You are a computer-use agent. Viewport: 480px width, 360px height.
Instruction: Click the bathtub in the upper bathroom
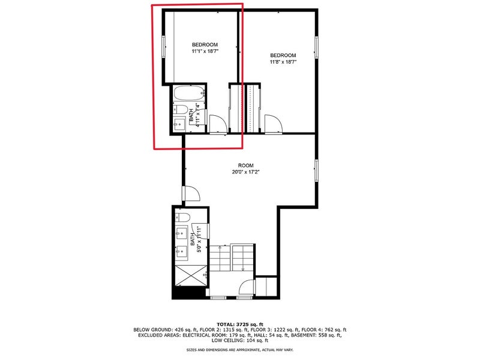pos(189,94)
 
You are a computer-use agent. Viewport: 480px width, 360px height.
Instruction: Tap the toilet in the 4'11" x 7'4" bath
pos(181,109)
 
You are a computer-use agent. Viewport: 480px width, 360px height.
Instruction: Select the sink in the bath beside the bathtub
pos(179,124)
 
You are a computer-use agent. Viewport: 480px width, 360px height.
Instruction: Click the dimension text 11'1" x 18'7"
pos(205,52)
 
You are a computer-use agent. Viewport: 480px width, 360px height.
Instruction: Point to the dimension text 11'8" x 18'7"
pos(283,62)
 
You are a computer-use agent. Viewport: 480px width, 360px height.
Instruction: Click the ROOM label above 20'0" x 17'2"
pos(246,166)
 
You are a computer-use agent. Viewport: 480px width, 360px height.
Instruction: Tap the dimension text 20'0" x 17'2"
pos(246,172)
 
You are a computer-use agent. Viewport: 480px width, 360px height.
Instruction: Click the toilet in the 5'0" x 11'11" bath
pos(183,218)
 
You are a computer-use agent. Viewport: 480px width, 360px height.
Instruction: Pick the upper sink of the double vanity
pos(182,233)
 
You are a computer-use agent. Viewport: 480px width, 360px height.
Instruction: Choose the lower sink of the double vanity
pos(182,253)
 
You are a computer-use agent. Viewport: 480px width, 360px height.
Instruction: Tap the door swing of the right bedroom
pos(274,124)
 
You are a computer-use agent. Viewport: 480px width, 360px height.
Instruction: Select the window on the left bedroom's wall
pos(164,47)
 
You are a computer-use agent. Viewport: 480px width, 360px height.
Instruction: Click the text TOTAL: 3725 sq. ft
pos(240,324)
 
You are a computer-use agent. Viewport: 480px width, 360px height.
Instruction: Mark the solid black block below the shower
pos(189,293)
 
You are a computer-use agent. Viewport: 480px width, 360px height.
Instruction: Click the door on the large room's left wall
pos(191,193)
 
